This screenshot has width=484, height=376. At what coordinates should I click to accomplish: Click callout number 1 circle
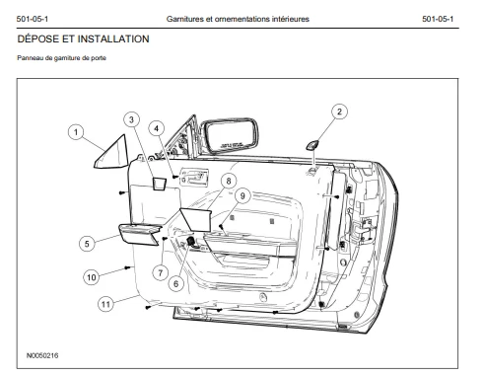coord(76,132)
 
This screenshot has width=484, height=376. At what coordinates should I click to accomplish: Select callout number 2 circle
coord(339,112)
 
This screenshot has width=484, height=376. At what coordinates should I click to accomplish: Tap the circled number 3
coord(131,119)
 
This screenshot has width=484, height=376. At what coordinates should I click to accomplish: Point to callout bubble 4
coord(157,128)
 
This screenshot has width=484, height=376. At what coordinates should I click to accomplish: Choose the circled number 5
coord(87,244)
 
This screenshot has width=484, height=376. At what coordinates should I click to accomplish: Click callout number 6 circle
coord(176,283)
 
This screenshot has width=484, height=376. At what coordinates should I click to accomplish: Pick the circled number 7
coord(161,272)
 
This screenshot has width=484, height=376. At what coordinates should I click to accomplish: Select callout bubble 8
coord(229,181)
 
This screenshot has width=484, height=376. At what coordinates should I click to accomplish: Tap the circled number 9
coord(242,196)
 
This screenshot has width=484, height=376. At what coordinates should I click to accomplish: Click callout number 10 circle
coord(92,277)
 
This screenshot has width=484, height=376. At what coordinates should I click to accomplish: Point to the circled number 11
coord(105,304)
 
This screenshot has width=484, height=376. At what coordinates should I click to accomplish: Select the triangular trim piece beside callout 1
coord(112,155)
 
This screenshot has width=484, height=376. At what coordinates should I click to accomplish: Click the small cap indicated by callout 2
coord(312,145)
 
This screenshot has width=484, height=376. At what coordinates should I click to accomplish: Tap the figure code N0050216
coord(42,355)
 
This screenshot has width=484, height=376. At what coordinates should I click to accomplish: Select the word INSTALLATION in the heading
coord(113,39)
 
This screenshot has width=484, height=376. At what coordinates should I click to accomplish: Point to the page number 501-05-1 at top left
coord(33,19)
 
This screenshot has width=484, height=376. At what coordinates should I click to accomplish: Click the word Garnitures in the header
coord(185,19)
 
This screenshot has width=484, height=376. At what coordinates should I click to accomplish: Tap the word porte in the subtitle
coord(99,58)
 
